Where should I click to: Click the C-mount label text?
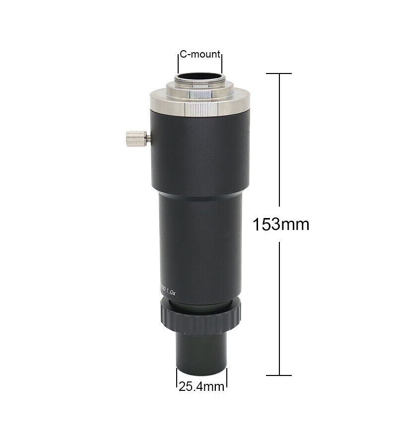(200, 54)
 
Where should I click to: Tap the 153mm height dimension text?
(281, 224)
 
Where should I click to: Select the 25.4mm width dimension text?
(201, 386)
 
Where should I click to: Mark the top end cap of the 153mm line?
(278, 74)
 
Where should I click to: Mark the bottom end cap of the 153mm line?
(278, 375)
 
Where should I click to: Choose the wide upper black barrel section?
(199, 154)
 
